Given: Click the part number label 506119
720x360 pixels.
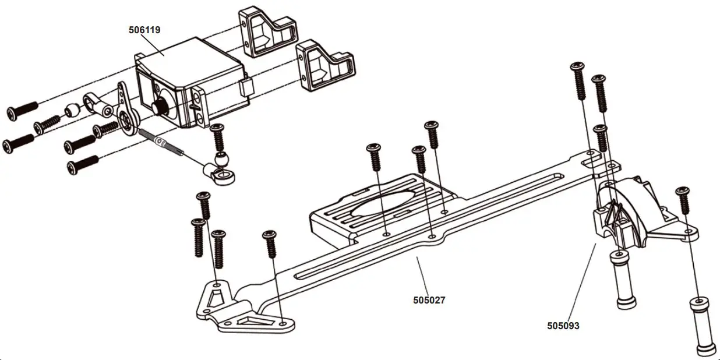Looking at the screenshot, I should pyautogui.click(x=144, y=29).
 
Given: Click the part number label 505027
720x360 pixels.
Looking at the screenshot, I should pyautogui.click(x=429, y=301).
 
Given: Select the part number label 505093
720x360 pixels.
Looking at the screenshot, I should pyautogui.click(x=563, y=326).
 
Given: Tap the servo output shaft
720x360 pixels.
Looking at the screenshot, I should pyautogui.click(x=158, y=106).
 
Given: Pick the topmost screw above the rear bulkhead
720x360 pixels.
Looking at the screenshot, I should pyautogui.click(x=578, y=82).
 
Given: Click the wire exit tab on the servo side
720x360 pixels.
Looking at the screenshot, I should pyautogui.click(x=246, y=89).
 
